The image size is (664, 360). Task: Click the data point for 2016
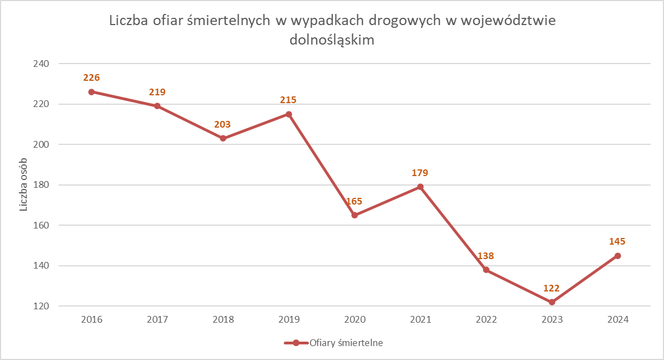91,92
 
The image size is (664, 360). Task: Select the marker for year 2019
289,114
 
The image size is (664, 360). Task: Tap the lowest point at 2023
552,302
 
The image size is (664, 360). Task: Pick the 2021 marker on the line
420,187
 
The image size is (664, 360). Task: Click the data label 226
91,78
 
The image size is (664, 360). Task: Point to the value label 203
222,124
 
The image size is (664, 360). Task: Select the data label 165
355,201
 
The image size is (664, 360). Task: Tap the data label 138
486,256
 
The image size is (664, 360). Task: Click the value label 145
617,242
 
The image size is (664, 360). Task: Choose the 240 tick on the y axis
41,64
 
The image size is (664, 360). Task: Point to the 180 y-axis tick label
41,185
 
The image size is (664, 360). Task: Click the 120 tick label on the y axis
41,307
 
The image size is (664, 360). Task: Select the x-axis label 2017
157,320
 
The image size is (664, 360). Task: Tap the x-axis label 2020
355,320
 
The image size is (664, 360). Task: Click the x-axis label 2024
618,320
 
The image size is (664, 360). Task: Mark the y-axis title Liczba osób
24,185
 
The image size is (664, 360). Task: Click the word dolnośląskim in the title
332,40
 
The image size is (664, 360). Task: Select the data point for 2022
486,270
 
